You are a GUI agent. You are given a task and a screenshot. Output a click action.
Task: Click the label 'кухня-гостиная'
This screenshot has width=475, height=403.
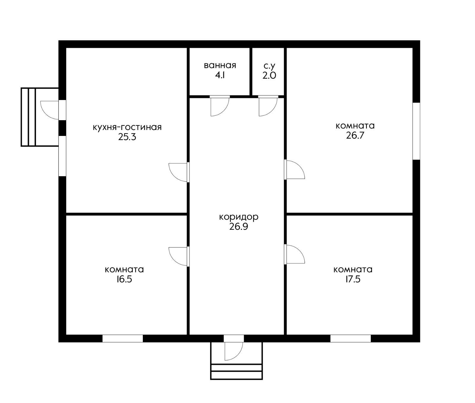[127, 127]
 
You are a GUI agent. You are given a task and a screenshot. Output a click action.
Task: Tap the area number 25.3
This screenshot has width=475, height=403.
[127, 137]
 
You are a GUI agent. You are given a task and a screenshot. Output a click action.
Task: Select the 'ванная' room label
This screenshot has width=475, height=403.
[220, 65]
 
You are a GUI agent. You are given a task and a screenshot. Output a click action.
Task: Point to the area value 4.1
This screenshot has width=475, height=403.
[220, 75]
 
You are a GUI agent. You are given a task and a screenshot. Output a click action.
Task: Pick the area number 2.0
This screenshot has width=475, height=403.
[269, 75]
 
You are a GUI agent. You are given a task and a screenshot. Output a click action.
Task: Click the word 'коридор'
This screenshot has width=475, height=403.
[239, 217]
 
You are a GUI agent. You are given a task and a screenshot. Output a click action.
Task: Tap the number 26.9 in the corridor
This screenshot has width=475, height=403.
[239, 227]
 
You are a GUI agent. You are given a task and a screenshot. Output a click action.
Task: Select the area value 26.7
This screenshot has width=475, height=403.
[355, 136]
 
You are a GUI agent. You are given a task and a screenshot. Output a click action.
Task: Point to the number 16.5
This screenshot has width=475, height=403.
[124, 279]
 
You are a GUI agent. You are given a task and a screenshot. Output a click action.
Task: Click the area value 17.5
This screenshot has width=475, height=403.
[353, 279]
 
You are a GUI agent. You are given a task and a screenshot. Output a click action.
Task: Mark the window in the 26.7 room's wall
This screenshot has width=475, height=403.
[417, 131]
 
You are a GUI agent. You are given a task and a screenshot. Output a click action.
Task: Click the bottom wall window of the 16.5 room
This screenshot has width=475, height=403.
[123, 338]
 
